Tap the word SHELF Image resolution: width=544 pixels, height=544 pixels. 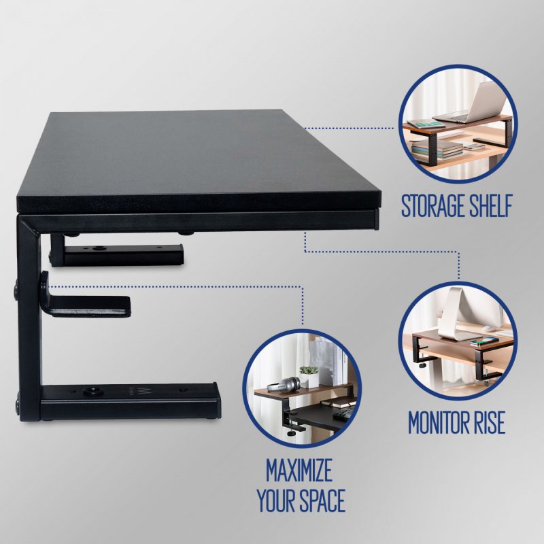[x=488, y=207]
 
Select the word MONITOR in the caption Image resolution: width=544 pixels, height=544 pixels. [x=437, y=423]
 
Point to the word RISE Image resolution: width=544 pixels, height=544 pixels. [x=487, y=423]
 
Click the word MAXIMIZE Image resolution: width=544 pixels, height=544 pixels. [x=299, y=470]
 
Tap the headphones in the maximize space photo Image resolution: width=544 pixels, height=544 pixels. [x=283, y=385]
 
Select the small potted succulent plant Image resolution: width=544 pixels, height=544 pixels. [x=309, y=375]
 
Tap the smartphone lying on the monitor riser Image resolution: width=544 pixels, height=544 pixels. [x=485, y=341]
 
